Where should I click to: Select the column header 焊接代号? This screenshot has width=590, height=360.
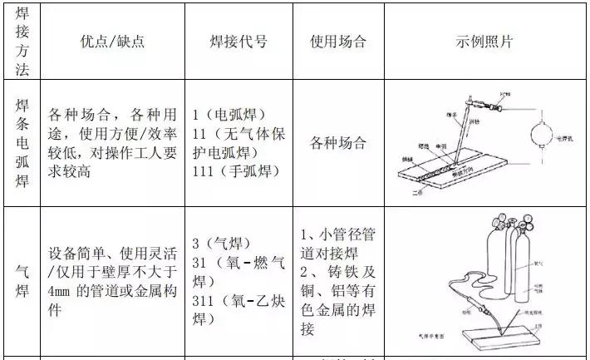[238, 42]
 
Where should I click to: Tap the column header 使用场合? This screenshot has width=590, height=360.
[337, 42]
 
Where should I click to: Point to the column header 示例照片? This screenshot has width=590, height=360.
[485, 42]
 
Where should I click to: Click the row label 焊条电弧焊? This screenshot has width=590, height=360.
[22, 142]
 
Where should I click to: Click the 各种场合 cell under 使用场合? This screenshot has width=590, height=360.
[337, 142]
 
